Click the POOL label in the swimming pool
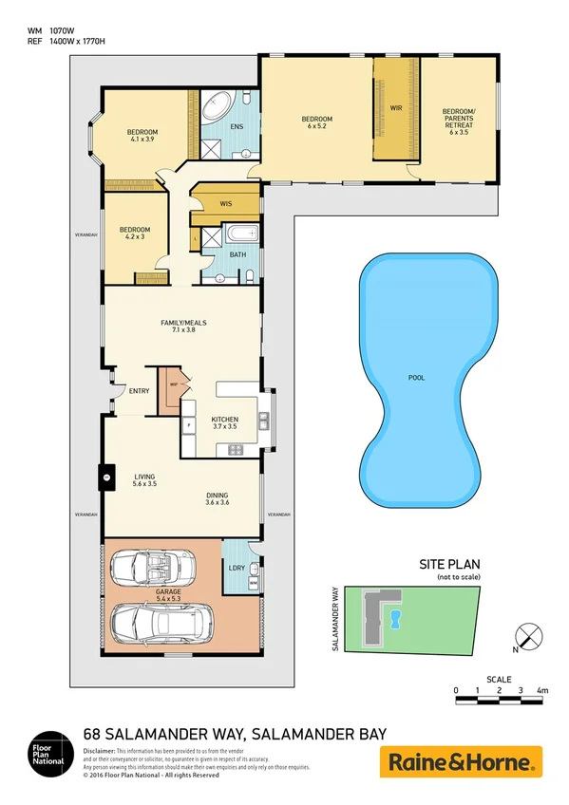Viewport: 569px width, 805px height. click(416, 378)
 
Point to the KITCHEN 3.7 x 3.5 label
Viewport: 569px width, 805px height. click(225, 422)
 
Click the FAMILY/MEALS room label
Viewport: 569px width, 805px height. click(182, 327)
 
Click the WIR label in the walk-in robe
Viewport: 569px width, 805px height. click(396, 109)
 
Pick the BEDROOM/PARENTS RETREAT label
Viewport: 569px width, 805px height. click(459, 121)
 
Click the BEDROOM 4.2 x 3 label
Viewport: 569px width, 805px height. click(134, 234)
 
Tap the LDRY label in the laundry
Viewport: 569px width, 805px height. click(237, 568)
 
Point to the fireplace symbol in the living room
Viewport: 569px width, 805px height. click(107, 477)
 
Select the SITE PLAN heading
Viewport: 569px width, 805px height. click(452, 564)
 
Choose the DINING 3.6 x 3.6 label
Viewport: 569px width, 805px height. click(218, 498)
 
